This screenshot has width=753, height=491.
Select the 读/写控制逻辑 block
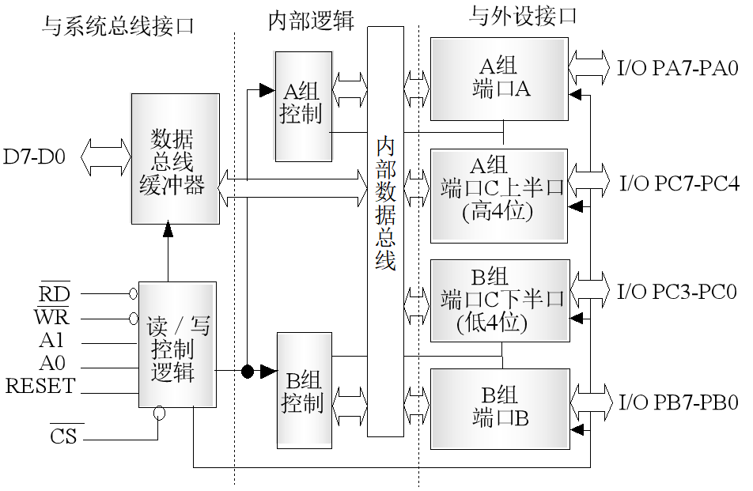[177, 345]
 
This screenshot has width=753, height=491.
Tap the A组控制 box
[302, 106]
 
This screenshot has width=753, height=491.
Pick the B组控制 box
[304, 391]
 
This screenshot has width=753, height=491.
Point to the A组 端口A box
[499, 78]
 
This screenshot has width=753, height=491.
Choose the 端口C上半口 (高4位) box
[499, 195]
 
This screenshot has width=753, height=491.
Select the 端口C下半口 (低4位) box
[499, 300]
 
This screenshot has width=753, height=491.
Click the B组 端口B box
[499, 408]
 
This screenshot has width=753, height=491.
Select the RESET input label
[40, 387]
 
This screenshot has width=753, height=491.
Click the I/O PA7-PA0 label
[678, 68]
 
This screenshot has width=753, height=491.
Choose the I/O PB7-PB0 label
[678, 403]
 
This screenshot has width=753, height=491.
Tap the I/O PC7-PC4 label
[678, 184]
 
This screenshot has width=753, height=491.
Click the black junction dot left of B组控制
[248, 371]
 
